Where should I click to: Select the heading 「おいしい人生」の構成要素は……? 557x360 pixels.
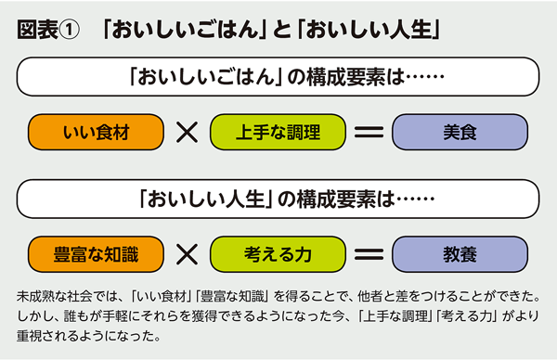pos(278,197)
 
